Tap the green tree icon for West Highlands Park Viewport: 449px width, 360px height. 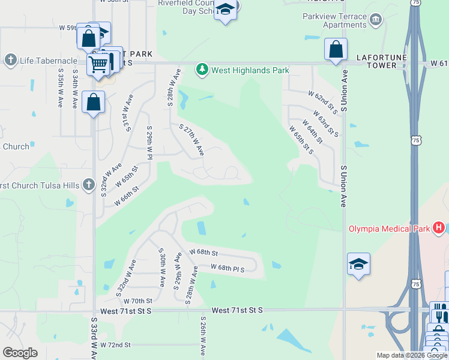click(203, 70)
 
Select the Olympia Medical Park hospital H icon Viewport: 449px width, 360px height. click(439, 228)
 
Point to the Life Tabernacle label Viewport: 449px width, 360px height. click(47, 60)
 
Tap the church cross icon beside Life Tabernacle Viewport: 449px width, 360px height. click(10, 60)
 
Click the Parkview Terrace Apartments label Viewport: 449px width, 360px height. click(335, 20)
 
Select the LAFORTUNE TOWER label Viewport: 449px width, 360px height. click(376, 61)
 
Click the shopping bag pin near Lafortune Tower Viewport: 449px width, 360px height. click(336, 49)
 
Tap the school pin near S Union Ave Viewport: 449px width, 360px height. click(358, 264)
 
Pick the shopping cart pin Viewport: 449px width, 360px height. click(98, 64)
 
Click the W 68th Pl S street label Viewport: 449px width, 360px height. click(228, 268)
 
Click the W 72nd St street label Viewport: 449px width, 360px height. click(115, 345)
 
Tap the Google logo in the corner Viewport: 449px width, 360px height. click(20, 352)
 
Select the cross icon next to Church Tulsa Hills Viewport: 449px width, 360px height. click(89, 185)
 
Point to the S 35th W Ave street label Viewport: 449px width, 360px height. click(61, 87)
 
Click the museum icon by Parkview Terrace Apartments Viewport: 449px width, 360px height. click(376, 20)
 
